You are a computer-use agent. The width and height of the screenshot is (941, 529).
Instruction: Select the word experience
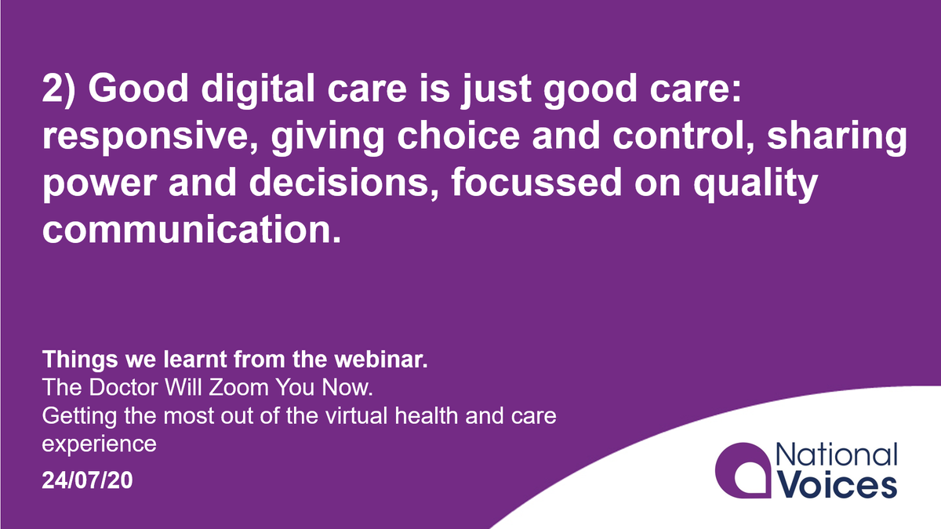click(99, 444)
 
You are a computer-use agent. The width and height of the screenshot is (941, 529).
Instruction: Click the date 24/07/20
click(88, 480)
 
